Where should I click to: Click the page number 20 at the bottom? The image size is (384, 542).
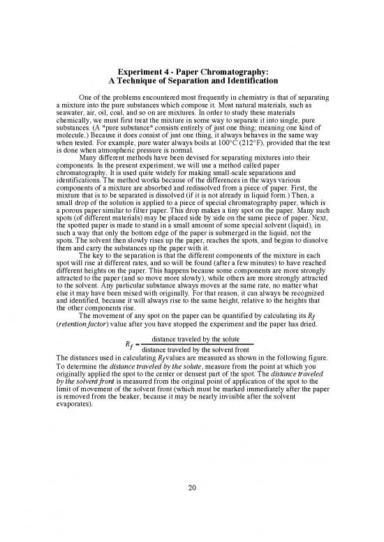click(192, 487)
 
